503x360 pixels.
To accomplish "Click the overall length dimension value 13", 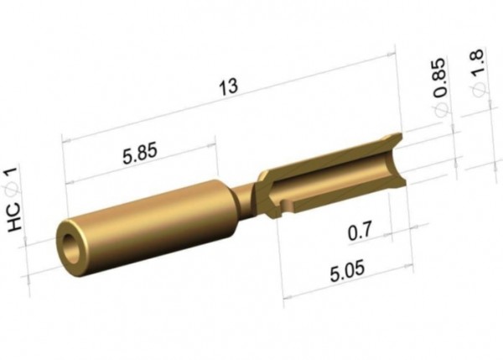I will tap(228, 86).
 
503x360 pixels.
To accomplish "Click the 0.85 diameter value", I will tap(439, 74).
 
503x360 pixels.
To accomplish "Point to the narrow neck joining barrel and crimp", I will tap(244, 201).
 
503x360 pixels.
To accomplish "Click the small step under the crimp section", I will tap(288, 204).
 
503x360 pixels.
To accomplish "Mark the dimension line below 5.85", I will tap(141, 169).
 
